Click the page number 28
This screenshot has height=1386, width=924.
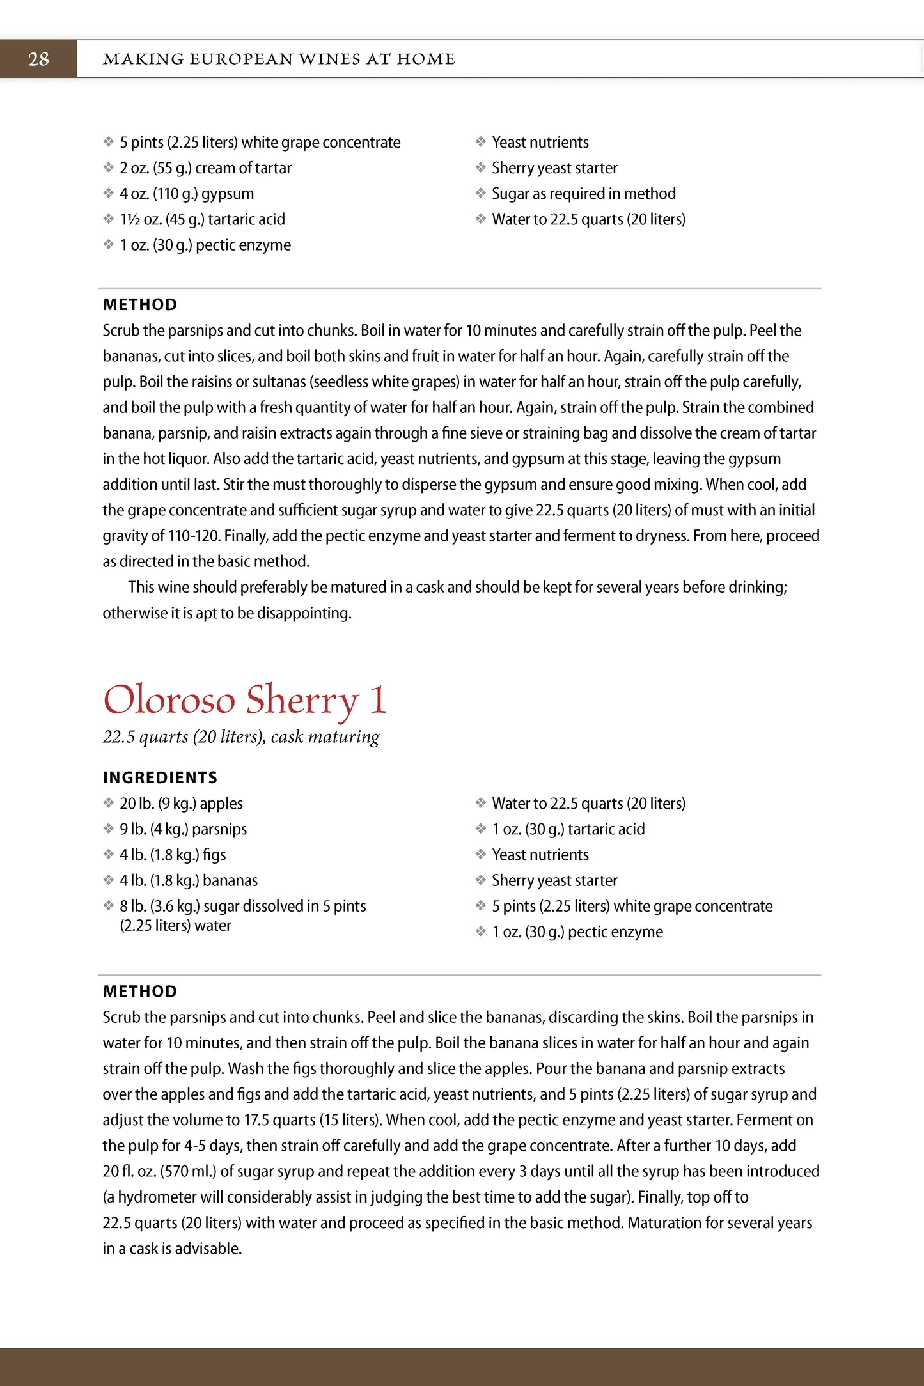(x=38, y=59)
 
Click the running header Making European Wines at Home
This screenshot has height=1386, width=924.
(x=279, y=59)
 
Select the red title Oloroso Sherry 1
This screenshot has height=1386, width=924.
(x=245, y=700)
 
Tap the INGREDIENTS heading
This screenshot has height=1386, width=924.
(x=160, y=777)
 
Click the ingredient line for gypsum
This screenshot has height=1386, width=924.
(x=187, y=194)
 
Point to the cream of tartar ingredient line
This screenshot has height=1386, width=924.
(x=205, y=168)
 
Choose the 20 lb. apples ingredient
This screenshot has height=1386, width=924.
(x=181, y=804)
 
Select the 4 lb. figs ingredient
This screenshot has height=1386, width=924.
(x=173, y=855)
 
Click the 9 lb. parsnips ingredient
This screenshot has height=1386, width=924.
(x=183, y=829)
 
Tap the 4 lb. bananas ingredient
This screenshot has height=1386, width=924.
(x=189, y=880)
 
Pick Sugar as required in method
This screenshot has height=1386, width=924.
(x=583, y=194)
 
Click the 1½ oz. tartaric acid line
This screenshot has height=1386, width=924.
(x=202, y=219)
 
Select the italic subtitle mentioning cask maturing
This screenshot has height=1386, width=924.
(x=241, y=737)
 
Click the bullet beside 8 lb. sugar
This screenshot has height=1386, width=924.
(x=109, y=906)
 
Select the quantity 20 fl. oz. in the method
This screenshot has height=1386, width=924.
(x=128, y=1172)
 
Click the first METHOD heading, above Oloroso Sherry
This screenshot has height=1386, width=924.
(x=140, y=304)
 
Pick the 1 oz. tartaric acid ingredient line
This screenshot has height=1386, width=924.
(x=568, y=829)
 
